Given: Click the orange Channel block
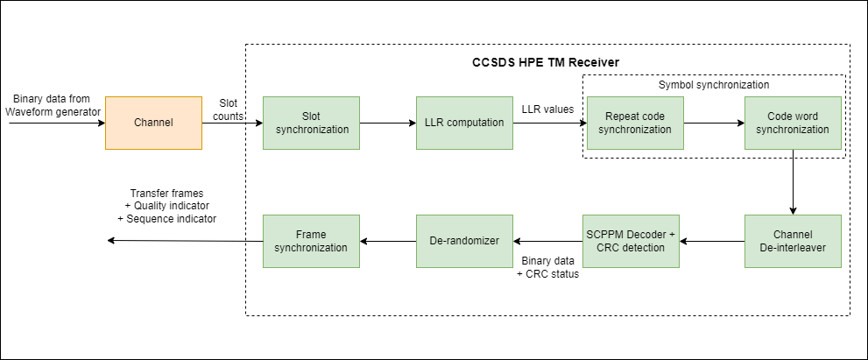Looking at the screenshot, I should click(153, 122).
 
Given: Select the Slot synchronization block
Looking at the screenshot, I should click(311, 122).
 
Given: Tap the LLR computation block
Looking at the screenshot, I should click(464, 122).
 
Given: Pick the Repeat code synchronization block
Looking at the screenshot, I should click(635, 122).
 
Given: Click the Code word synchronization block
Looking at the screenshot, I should click(793, 122).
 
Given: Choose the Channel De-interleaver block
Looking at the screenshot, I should click(793, 240).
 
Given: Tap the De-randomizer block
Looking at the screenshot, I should click(464, 240).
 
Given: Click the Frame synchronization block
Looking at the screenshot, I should click(311, 240).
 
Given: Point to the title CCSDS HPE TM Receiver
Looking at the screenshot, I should click(541, 63).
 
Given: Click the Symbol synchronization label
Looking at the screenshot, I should click(714, 85).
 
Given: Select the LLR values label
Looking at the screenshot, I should click(548, 109).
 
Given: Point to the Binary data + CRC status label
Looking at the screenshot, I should click(548, 267).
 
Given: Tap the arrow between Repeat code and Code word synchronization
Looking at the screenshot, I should click(714, 123).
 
